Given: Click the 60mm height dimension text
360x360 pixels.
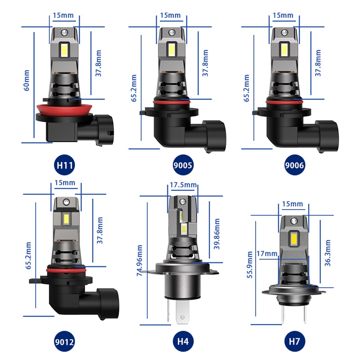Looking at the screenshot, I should tap(26, 80).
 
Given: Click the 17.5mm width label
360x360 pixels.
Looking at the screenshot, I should tap(183, 185).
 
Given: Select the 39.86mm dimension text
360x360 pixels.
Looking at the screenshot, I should tap(217, 234).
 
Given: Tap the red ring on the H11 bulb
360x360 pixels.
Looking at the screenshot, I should tap(63, 108).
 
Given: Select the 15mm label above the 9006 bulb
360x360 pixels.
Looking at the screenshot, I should tap(283, 15).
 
